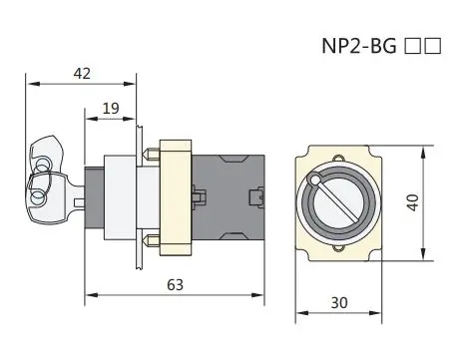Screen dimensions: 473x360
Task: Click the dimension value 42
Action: point(82,74)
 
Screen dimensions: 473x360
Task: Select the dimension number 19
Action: point(111,109)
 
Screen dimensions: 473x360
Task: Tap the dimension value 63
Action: point(175,285)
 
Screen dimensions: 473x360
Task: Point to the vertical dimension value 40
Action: point(413,202)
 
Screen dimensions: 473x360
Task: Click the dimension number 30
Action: point(339,303)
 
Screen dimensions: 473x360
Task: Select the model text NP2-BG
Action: point(359,46)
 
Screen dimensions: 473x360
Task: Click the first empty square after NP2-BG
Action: point(412,46)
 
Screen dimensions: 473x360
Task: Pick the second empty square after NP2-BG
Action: point(433,46)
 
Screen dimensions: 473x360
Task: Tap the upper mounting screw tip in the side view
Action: point(144,154)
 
